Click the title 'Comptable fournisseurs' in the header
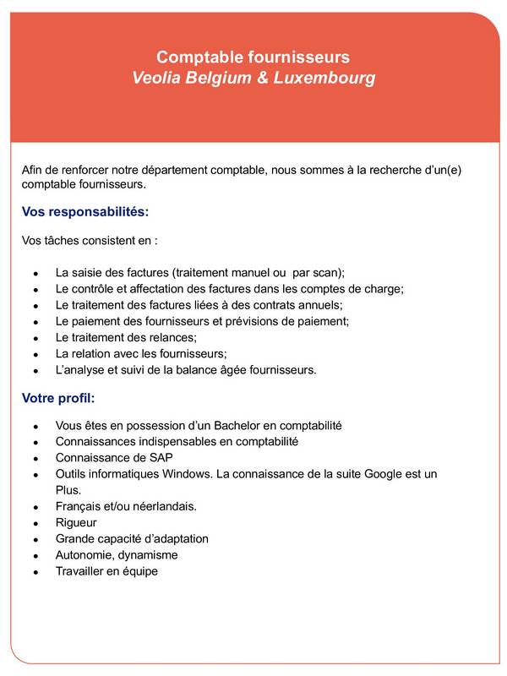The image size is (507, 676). [x=253, y=57]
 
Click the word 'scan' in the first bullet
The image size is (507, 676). [x=326, y=273]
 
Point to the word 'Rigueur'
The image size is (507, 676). [x=76, y=522]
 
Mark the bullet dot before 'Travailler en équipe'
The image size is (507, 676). [x=35, y=572]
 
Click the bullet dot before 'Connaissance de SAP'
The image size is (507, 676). [x=35, y=458]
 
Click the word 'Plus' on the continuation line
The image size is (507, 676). [x=68, y=490]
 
